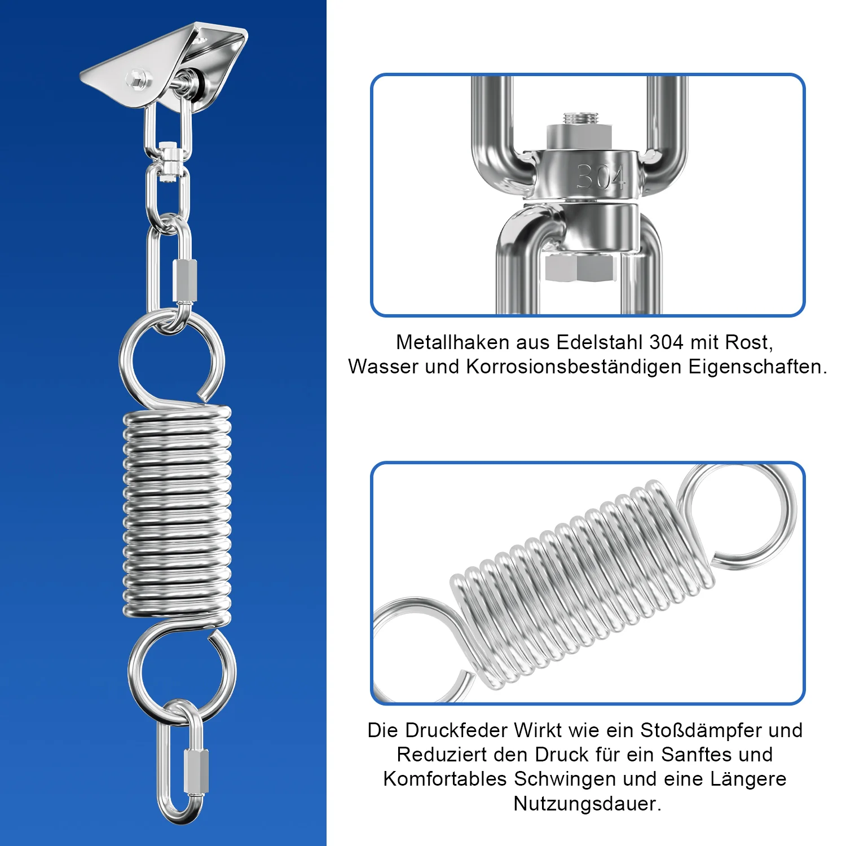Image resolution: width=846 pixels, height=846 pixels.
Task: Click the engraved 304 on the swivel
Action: click(601, 177)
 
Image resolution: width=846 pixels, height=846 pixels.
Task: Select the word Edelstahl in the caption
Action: click(600, 342)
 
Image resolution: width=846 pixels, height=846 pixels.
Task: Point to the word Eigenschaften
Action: click(757, 367)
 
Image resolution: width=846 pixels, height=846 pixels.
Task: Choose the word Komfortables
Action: click(445, 779)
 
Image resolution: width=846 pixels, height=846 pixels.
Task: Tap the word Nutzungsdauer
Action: click(587, 804)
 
